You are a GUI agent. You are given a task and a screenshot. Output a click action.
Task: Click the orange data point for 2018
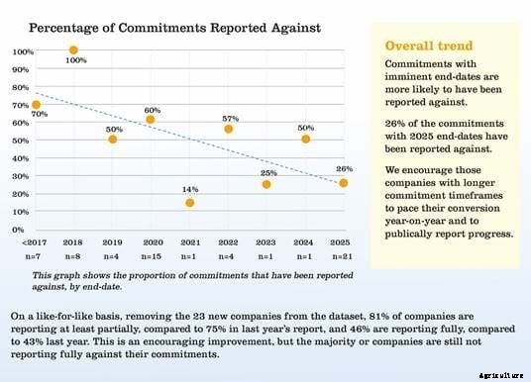pos(73,49)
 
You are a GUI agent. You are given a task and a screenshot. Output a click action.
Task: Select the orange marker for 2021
pos(189,203)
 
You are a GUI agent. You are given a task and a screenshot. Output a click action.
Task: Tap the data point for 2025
pos(343,183)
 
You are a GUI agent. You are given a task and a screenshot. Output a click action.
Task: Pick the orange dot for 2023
pos(265,184)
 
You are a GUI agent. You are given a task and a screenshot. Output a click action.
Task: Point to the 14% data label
pos(189,188)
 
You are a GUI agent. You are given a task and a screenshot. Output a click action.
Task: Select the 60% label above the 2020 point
pos(152,110)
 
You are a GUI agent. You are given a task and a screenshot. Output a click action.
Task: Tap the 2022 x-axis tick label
pos(228,241)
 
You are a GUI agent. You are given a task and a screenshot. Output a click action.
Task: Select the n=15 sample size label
pos(151,256)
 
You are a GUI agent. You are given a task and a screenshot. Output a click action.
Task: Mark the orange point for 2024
pos(305,140)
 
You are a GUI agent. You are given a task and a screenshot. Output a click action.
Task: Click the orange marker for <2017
pos(36,104)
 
